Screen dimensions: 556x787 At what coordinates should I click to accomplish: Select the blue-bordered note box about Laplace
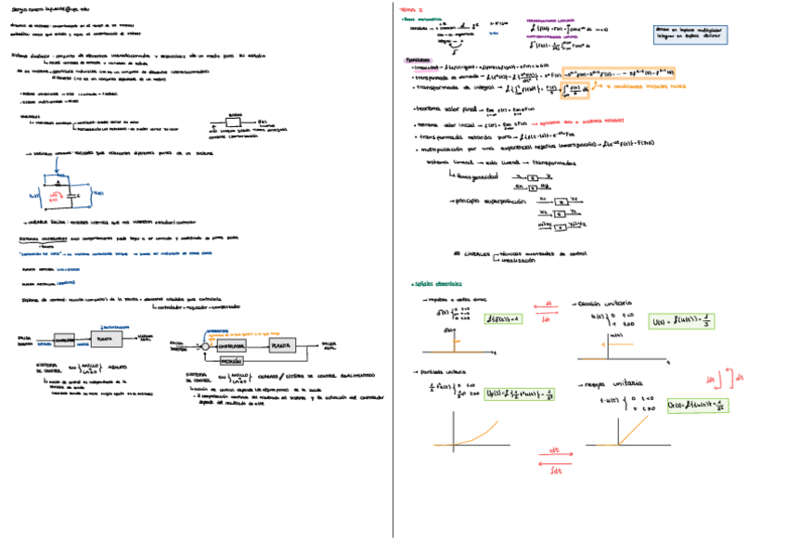[x=690, y=34]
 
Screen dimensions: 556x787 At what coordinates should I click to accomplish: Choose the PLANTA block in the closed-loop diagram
[x=282, y=344]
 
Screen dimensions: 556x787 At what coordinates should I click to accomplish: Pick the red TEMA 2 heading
[x=409, y=9]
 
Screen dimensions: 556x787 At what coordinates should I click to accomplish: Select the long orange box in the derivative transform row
[x=622, y=73]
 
